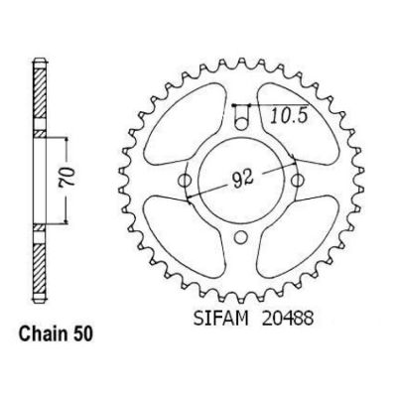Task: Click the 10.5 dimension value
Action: [289, 116]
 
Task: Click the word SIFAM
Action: [220, 319]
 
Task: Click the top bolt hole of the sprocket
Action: [241, 124]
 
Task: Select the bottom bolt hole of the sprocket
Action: [241, 236]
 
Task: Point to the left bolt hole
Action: [185, 181]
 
